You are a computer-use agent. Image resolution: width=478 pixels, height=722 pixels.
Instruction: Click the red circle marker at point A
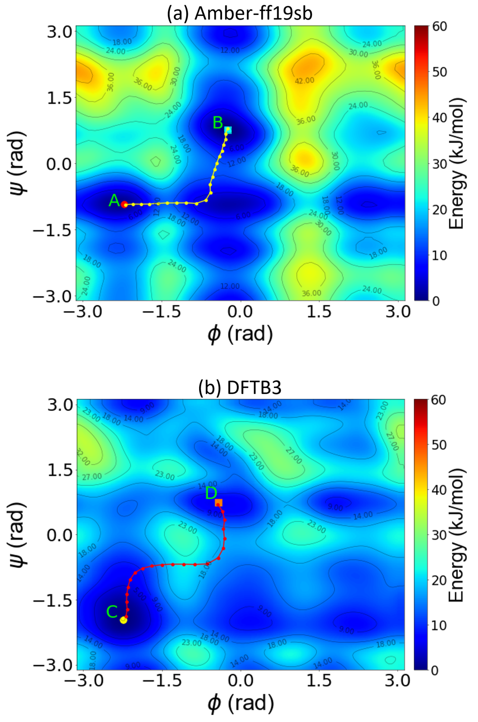pos(124,205)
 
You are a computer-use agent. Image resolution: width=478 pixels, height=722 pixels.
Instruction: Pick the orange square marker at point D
pos(219,503)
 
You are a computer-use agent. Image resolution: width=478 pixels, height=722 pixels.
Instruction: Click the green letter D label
pos(211,493)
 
